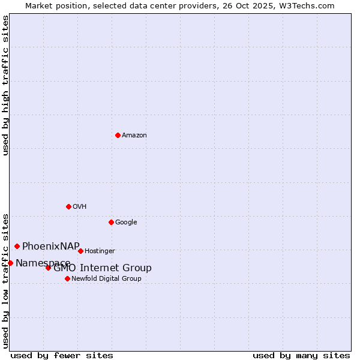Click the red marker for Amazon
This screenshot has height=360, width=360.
[118, 135]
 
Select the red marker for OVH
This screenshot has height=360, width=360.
[68, 206]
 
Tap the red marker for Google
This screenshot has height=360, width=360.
[111, 222]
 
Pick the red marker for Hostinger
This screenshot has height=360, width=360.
[80, 251]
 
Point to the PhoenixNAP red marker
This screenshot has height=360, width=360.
[17, 246]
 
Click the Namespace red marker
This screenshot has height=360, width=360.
[10, 263]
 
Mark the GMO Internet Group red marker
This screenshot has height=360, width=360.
[48, 268]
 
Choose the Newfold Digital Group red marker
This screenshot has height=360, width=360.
[67, 278]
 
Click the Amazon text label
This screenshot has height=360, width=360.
[134, 136]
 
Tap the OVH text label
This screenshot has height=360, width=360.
[80, 207]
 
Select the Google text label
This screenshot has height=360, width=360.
[126, 223]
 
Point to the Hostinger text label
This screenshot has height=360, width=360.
[100, 251]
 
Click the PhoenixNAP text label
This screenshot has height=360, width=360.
[51, 246]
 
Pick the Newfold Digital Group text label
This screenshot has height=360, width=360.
[107, 279]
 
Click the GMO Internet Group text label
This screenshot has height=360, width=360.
[103, 268]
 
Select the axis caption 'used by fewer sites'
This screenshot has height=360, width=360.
[62, 355]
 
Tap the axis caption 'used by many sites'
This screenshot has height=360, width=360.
[301, 355]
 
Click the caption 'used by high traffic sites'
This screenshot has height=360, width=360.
[6, 85]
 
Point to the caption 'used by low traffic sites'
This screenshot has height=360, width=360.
[6, 280]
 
